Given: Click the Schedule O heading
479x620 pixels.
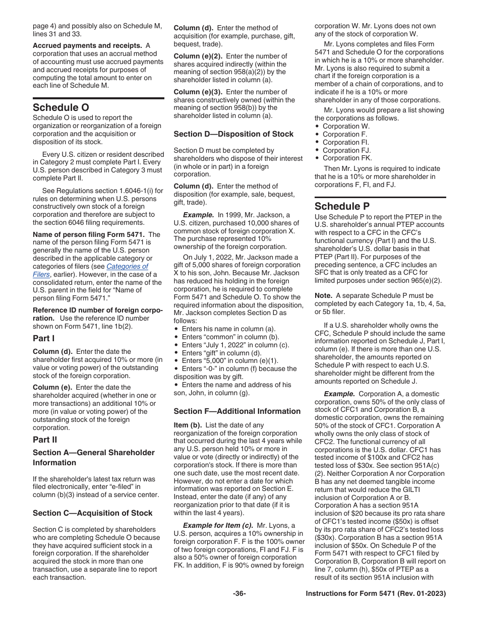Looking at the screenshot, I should click(61, 107).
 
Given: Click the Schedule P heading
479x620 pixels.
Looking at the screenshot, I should click(342, 206).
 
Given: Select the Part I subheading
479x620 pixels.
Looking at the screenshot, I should click(44, 338).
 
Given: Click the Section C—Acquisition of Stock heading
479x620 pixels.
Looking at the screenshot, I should click(92, 513).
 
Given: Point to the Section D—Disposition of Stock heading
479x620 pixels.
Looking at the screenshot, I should click(233, 134).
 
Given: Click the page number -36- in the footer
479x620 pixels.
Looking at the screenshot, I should click(239, 594).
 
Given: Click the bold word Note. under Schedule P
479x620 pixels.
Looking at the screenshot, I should click(323, 295).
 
